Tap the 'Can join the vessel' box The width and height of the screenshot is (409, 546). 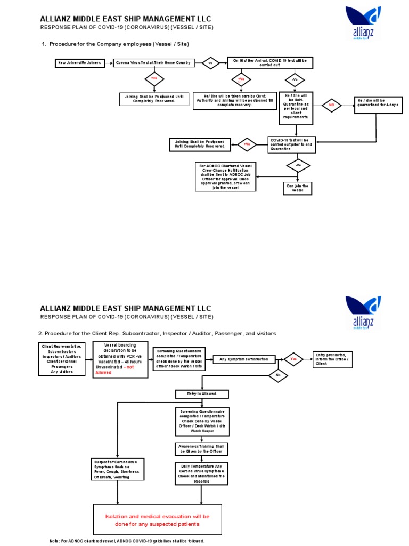[x=297, y=188]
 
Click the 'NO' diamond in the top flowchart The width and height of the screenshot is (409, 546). [x=332, y=105]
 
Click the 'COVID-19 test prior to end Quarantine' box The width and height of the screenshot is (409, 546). [x=291, y=144]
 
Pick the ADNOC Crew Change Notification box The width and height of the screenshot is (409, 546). [x=227, y=176]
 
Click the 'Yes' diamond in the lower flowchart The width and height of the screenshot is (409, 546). [x=293, y=359]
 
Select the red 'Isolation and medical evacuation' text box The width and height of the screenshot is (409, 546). [x=159, y=520]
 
